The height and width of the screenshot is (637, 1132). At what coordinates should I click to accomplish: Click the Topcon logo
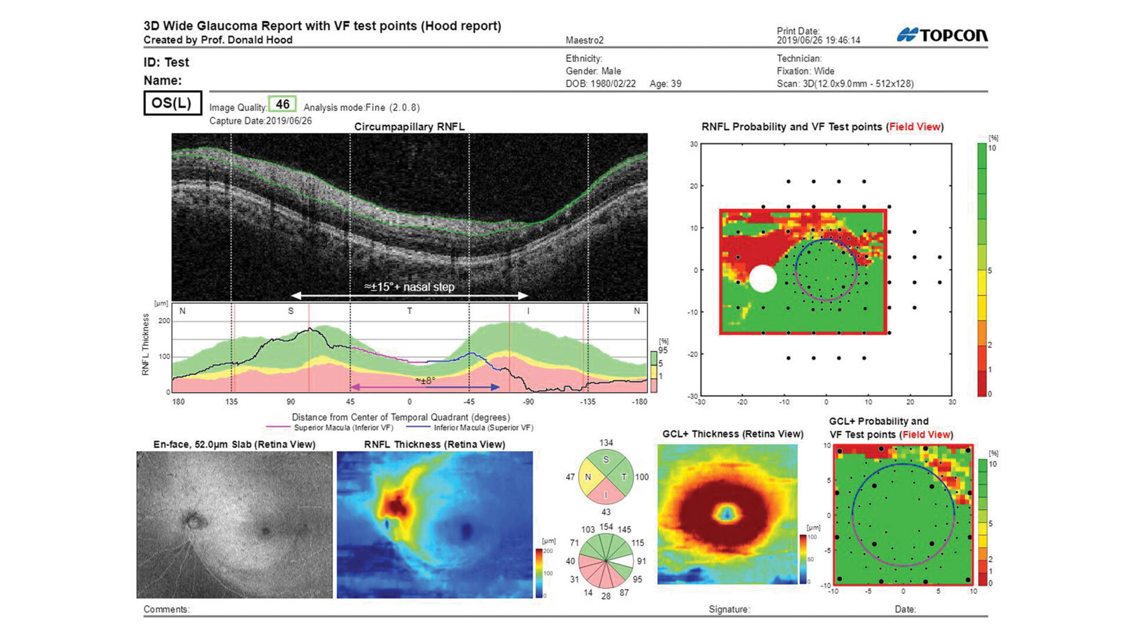[942, 35]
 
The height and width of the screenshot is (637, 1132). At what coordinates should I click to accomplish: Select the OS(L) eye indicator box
[172, 103]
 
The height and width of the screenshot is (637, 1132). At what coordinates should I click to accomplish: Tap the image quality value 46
[282, 104]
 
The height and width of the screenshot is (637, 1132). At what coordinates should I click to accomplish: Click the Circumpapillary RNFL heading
[409, 127]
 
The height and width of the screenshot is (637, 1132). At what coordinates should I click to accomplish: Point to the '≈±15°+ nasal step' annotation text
[409, 287]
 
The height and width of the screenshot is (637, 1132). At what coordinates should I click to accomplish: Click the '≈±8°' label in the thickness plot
[425, 380]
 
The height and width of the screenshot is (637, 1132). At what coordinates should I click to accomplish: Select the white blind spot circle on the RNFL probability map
[763, 278]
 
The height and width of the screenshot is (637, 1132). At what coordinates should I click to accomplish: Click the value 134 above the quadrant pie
[606, 443]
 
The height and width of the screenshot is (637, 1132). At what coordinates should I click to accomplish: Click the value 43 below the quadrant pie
[606, 512]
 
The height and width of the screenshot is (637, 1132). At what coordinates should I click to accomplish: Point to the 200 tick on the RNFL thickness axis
[164, 321]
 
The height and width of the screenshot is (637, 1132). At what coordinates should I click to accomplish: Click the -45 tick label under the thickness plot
[469, 402]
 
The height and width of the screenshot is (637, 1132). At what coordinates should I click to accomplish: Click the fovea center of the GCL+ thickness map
[726, 513]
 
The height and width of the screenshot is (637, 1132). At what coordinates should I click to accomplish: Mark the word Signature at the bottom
[729, 609]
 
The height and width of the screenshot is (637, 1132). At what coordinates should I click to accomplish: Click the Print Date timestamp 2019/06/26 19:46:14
[818, 40]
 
